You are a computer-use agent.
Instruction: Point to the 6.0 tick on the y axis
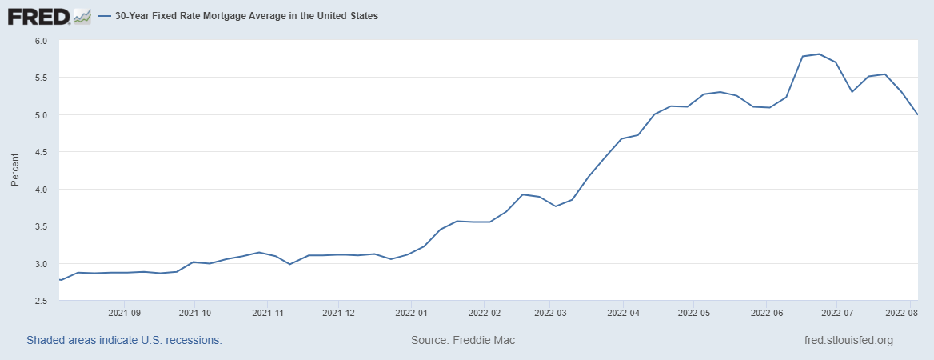tap(41, 41)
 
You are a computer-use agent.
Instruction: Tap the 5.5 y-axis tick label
tap(41, 78)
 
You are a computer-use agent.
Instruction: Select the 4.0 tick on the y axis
tap(41, 190)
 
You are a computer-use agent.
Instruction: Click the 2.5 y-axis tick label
tap(41, 301)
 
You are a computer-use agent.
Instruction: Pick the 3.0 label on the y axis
tap(41, 264)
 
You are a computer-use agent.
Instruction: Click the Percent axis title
tap(14, 170)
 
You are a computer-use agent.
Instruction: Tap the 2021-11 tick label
tap(269, 313)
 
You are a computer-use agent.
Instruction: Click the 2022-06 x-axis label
tap(766, 313)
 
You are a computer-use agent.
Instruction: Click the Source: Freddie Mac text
tap(463, 340)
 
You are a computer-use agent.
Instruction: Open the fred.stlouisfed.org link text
tap(848, 340)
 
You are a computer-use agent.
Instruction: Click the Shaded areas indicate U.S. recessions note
tap(124, 340)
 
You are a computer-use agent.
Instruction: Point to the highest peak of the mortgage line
tap(819, 54)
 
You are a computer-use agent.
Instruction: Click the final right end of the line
tap(917, 114)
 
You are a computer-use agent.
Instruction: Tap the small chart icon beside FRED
tap(82, 16)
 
